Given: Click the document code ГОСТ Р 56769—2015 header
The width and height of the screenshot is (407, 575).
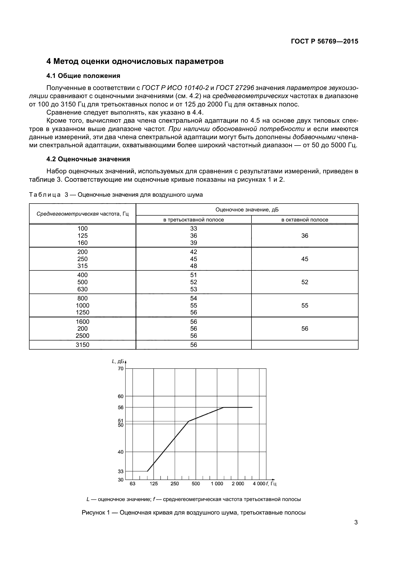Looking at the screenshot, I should click(x=324, y=41).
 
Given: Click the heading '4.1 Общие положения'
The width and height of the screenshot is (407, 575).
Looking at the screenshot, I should click(x=83, y=76).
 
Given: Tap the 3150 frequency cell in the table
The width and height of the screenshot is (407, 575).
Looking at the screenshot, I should click(x=82, y=345).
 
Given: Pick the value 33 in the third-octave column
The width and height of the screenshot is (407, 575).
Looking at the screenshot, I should click(x=193, y=228).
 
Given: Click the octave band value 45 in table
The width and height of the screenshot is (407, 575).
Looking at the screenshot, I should click(x=304, y=259).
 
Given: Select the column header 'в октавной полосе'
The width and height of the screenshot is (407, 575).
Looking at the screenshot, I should click(x=304, y=220).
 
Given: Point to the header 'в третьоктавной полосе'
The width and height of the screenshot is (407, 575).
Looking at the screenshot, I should click(x=193, y=220).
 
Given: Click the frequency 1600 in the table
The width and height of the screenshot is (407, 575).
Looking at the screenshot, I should click(x=82, y=322).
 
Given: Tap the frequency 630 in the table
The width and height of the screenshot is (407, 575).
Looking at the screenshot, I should click(x=82, y=289).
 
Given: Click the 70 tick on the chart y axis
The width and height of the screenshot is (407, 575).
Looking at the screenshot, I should click(x=121, y=369).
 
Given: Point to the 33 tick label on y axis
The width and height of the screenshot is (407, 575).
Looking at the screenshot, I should click(x=121, y=472).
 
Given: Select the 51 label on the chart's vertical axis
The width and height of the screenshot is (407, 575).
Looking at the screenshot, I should click(x=121, y=421).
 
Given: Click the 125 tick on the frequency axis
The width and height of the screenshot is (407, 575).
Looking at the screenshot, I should click(x=154, y=484).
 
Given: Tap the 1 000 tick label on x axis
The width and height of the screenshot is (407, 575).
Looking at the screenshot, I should click(x=217, y=484).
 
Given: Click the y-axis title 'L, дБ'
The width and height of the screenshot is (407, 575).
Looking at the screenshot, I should click(x=118, y=361).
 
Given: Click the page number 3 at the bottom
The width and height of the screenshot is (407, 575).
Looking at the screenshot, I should click(x=356, y=522).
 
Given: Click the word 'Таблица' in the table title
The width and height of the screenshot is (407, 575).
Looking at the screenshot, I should click(x=45, y=195).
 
